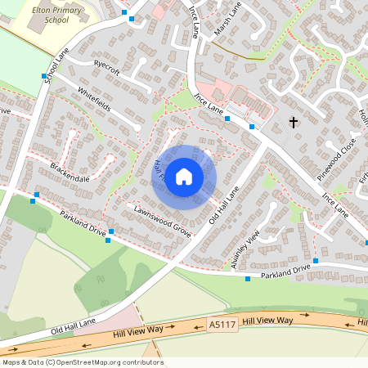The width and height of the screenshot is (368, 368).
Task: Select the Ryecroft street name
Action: tap(107, 69)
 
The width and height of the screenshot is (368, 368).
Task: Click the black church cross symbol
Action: tap(294, 123)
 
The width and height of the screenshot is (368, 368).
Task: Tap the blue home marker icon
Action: tap(184, 177)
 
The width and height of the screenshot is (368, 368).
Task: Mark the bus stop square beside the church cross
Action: tap(252, 127)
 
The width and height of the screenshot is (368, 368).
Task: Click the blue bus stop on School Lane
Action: tap(44, 75)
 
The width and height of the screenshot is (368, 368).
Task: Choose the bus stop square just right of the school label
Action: tap(124, 13)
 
